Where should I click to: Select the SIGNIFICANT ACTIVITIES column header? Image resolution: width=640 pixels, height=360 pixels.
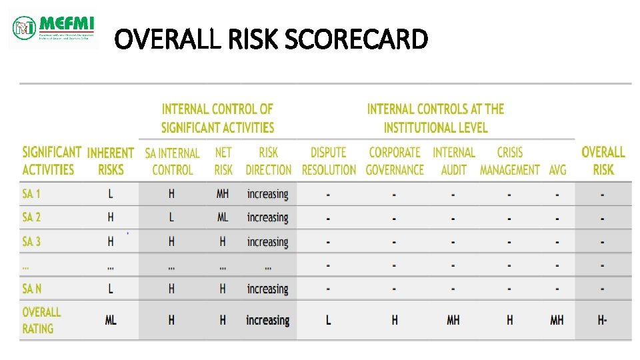[51, 161]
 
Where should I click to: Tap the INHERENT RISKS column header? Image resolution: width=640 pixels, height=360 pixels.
[111, 161]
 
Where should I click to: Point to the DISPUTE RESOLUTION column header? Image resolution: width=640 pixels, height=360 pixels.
[329, 161]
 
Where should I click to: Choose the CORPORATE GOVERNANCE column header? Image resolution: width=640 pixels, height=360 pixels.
[395, 161]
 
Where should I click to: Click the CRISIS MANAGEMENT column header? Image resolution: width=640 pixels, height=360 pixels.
[510, 161]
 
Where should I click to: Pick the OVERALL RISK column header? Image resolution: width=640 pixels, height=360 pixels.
[603, 161]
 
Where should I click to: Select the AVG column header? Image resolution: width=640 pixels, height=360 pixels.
[557, 169]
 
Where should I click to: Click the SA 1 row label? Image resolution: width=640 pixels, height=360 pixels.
[31, 194]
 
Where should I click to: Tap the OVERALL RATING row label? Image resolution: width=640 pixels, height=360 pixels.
[41, 320]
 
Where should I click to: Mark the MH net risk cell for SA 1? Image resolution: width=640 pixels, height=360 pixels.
[223, 194]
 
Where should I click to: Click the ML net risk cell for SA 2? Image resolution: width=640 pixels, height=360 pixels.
[223, 217]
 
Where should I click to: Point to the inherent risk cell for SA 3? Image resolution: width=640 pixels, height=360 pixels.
[111, 241]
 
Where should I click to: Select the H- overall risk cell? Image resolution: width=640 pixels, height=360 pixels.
[602, 321]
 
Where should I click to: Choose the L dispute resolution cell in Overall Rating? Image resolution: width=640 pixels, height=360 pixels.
[328, 321]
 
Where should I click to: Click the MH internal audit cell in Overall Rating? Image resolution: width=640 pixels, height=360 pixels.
[453, 321]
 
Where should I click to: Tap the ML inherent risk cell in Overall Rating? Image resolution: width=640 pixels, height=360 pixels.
[111, 321]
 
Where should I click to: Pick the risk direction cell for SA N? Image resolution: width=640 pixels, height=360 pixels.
[267, 289]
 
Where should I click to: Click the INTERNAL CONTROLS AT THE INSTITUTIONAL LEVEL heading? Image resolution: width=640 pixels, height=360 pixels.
[435, 117]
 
